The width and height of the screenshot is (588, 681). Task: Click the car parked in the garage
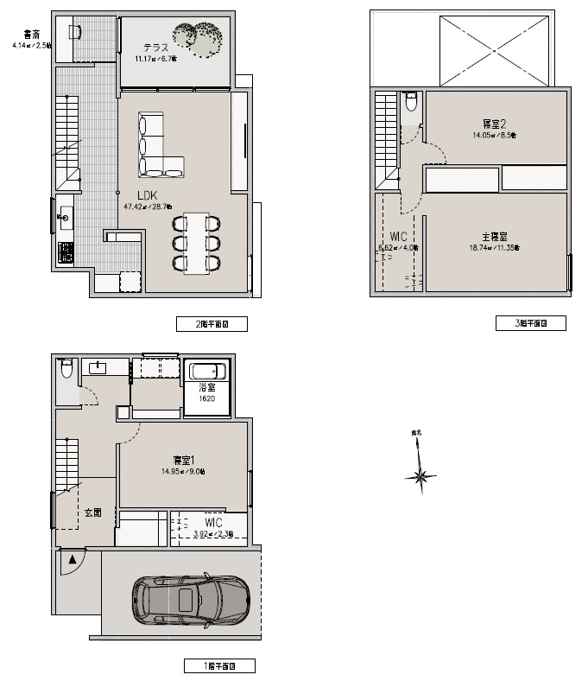(191, 599)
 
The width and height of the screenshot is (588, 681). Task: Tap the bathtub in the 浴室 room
(207, 372)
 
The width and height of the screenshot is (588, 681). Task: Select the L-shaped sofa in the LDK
(156, 147)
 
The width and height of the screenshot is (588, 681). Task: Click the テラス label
(155, 48)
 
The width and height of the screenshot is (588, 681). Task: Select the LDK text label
(148, 196)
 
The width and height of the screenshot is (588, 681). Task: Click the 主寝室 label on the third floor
(494, 236)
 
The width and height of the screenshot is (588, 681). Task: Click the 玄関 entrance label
(92, 512)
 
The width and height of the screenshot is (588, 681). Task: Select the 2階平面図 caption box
(212, 324)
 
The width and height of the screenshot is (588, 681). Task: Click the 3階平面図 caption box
(530, 323)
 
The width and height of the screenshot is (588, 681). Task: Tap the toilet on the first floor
(66, 370)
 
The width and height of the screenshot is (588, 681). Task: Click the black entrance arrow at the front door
(73, 560)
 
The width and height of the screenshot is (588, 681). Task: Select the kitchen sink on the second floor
(66, 217)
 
